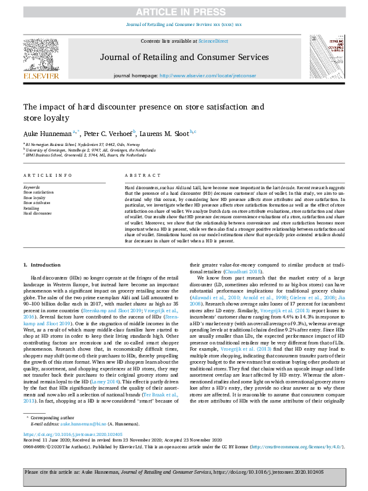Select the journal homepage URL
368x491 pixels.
(x=199, y=75)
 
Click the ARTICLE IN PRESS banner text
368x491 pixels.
(x=184, y=12)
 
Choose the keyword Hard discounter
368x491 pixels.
(x=37, y=213)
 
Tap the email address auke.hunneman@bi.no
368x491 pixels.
(x=83, y=406)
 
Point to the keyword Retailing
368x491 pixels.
(x=32, y=208)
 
